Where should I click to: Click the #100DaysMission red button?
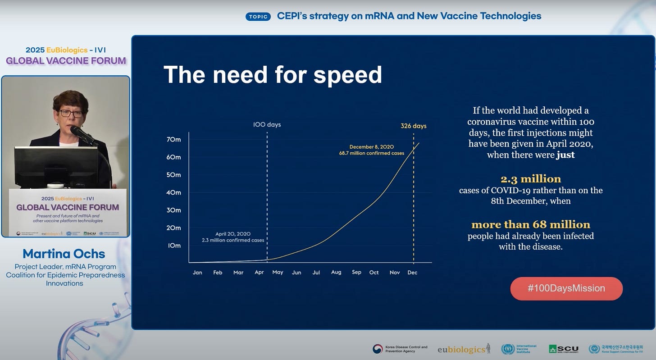tap(566, 288)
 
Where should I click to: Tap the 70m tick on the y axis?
tap(174, 140)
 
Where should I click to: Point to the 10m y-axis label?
tap(174, 246)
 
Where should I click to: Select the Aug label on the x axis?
tap(336, 272)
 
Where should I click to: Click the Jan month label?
tap(197, 273)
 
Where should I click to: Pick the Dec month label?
tap(412, 273)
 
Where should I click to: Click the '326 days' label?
tap(413, 126)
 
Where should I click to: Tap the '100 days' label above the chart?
tap(267, 124)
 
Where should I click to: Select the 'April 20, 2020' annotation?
tap(233, 234)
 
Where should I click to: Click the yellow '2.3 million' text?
tap(531, 179)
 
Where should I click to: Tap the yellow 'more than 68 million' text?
tap(531, 224)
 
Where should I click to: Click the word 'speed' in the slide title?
tap(347, 75)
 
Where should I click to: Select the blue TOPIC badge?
tap(258, 17)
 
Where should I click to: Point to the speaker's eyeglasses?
tap(71, 114)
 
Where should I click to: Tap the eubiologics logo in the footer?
tap(464, 349)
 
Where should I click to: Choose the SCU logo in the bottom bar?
tap(564, 349)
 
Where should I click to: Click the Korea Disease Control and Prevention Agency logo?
tap(400, 349)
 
